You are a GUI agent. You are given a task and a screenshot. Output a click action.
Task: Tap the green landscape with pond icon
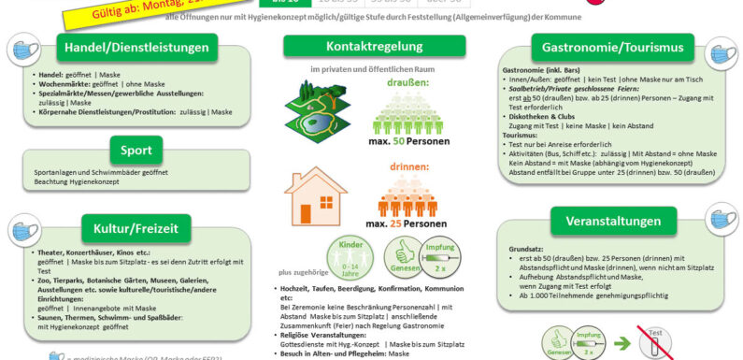pyautogui.click(x=321, y=106)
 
